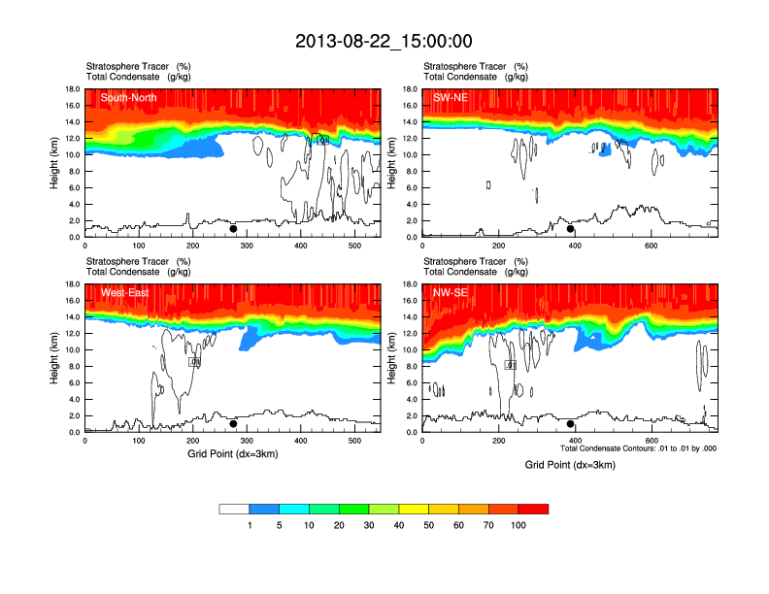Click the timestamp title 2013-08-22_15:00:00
coord(384,41)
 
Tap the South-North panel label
coord(128,97)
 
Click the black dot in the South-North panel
coord(233,229)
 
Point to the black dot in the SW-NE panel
coord(571,229)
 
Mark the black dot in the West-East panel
coord(233,424)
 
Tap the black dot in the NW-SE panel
coord(571,424)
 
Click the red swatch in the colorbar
coord(533,509)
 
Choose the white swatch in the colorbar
coord(234,509)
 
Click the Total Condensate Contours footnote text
coord(638,448)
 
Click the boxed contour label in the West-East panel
coord(194,361)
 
